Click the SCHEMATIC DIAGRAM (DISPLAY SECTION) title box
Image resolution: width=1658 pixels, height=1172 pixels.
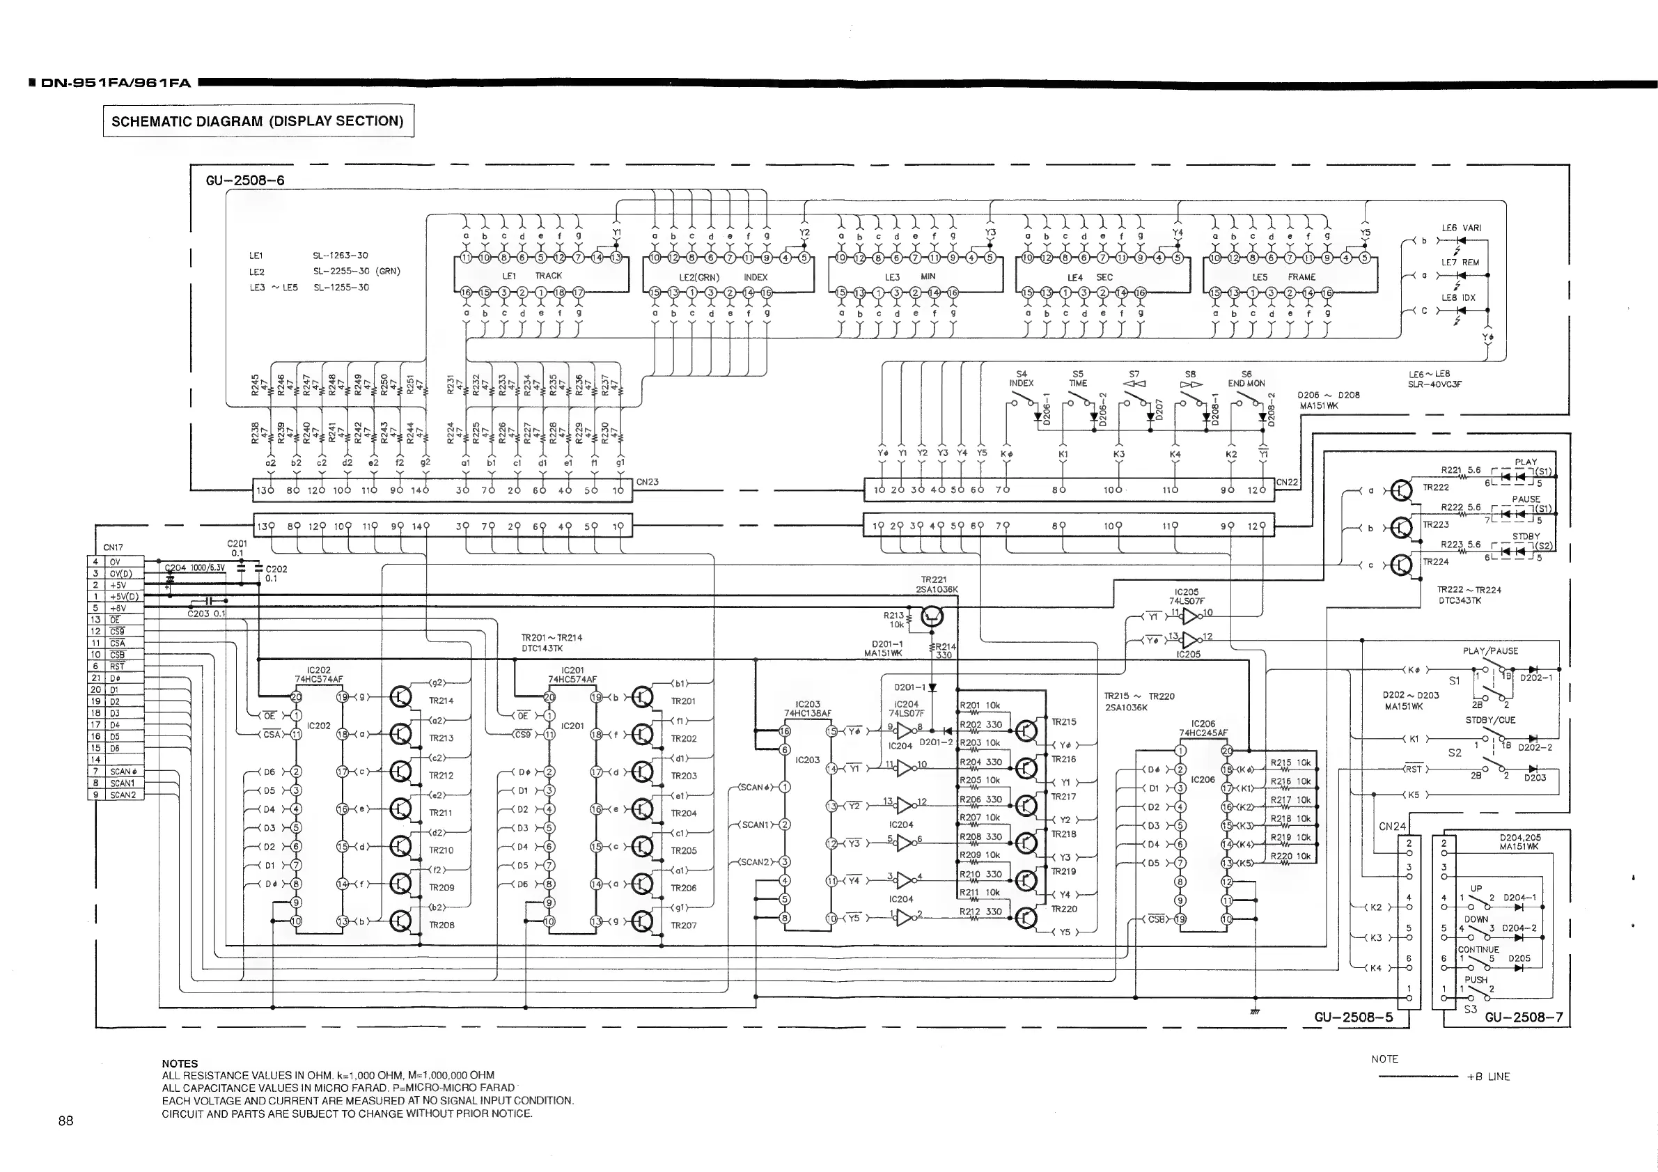coord(258,120)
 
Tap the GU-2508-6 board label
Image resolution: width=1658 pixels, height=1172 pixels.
coord(245,180)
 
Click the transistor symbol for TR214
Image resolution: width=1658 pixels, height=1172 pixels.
coord(401,697)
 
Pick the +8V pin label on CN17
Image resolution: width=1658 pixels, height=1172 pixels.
coord(118,608)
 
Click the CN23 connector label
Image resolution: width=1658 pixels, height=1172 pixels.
coord(648,482)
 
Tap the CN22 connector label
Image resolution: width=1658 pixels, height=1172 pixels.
coord(1287,482)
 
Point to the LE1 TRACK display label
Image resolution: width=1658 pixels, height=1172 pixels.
coord(531,276)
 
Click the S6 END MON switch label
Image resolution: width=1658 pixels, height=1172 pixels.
coord(1246,379)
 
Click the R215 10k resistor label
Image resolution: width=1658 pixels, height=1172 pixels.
coord(1290,763)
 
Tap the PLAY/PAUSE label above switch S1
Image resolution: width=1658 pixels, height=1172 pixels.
coord(1489,650)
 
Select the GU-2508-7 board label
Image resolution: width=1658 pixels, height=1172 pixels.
coord(1524,1017)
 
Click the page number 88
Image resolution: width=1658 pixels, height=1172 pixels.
coord(65,1120)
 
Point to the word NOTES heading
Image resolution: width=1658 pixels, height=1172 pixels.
coord(180,1063)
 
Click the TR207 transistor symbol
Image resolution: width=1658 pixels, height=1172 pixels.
coord(643,921)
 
